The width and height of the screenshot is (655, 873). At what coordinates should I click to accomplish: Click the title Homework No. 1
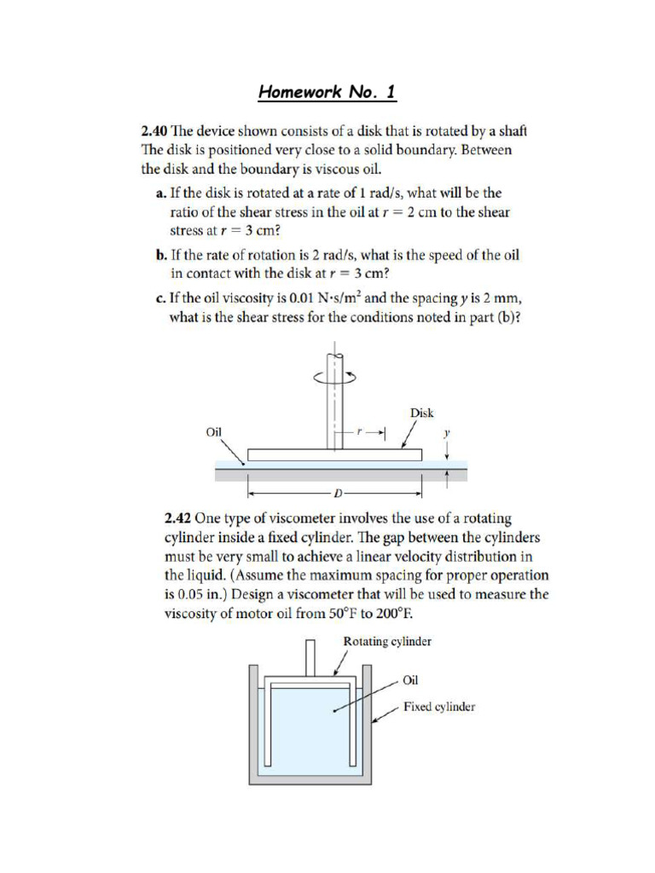[x=327, y=92]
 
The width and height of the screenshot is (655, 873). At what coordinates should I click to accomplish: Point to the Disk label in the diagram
[x=421, y=413]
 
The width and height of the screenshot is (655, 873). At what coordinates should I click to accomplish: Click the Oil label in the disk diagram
[x=214, y=432]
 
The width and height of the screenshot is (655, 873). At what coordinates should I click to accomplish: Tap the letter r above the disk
[x=359, y=432]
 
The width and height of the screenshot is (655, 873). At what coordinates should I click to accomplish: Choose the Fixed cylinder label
[x=438, y=707]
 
